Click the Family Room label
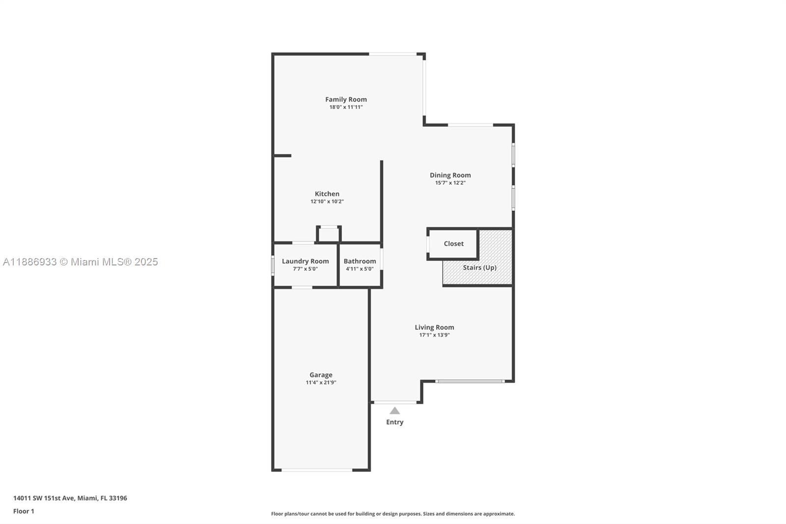click(x=346, y=99)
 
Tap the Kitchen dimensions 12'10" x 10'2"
click(x=327, y=202)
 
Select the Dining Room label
click(x=450, y=175)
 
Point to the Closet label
click(x=453, y=244)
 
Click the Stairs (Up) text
click(x=479, y=267)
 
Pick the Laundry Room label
click(x=305, y=261)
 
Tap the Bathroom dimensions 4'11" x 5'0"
click(x=360, y=269)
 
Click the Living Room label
click(x=434, y=327)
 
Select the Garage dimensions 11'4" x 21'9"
click(x=321, y=382)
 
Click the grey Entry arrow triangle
click(x=394, y=411)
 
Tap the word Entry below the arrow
click(x=394, y=422)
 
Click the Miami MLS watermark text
click(x=81, y=262)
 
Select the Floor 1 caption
click(x=24, y=511)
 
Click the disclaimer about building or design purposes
click(x=393, y=514)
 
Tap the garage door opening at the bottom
click(x=317, y=470)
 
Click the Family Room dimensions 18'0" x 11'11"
click(x=346, y=107)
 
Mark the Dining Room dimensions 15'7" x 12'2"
click(x=450, y=183)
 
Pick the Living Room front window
click(x=470, y=381)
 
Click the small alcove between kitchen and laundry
click(x=329, y=234)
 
